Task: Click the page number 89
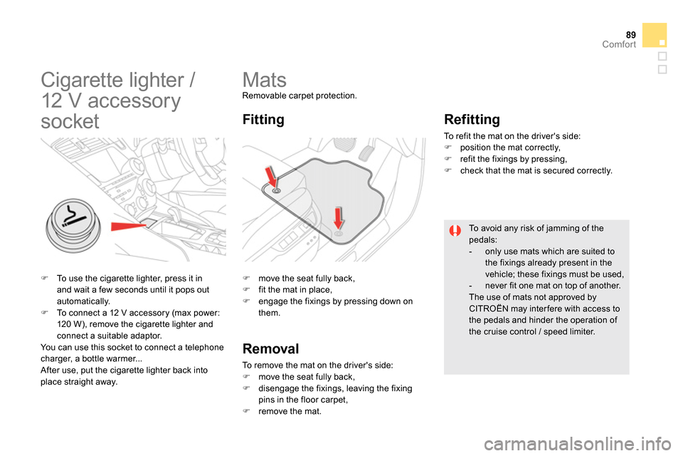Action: pyautogui.click(x=629, y=33)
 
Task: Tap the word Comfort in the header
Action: pyautogui.click(x=619, y=45)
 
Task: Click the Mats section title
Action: pyautogui.click(x=265, y=80)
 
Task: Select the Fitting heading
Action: pyautogui.click(x=263, y=120)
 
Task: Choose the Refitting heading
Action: pyautogui.click(x=472, y=119)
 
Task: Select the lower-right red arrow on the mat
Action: pyautogui.click(x=339, y=219)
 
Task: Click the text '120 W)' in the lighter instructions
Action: pyautogui.click(x=70, y=324)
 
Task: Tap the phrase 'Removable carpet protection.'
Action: pyautogui.click(x=300, y=95)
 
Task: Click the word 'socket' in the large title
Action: pyautogui.click(x=70, y=120)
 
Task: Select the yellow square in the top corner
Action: pyautogui.click(x=655, y=35)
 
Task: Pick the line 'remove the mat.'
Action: pyautogui.click(x=290, y=411)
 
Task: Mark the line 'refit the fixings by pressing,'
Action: pyautogui.click(x=513, y=159)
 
